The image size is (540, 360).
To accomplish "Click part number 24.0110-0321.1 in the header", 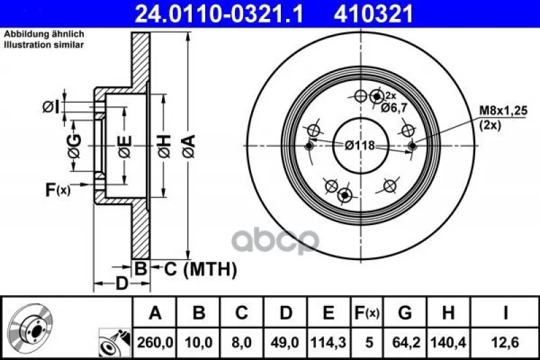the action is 219,14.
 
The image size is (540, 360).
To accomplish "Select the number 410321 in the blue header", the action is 373,14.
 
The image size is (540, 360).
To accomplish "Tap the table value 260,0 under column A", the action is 155,342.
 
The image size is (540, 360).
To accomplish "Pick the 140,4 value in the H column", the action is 448,342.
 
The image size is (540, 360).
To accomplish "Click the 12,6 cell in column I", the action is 505,342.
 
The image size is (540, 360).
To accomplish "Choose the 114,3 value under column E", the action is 328,342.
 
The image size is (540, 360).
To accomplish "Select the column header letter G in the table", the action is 404,313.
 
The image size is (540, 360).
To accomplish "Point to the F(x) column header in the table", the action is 367,313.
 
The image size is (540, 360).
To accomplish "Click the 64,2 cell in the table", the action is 404,342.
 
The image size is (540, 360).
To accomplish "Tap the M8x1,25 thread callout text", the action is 504,111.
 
